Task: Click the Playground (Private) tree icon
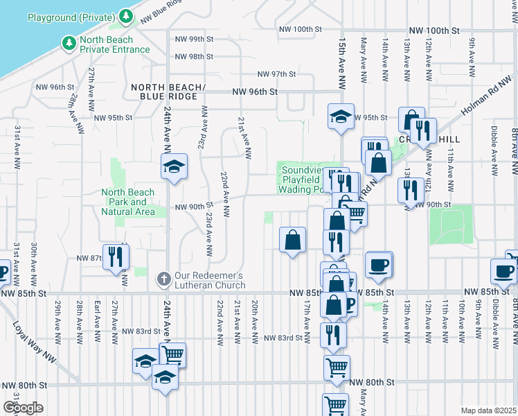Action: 125,15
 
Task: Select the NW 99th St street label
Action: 191,39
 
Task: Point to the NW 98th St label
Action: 191,56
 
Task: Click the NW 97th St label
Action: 276,73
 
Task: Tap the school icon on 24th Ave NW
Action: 174,166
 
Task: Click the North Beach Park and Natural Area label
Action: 129,202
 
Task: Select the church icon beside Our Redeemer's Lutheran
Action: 164,279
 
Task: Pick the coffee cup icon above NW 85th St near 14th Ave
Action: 379,264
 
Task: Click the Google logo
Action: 23,408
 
